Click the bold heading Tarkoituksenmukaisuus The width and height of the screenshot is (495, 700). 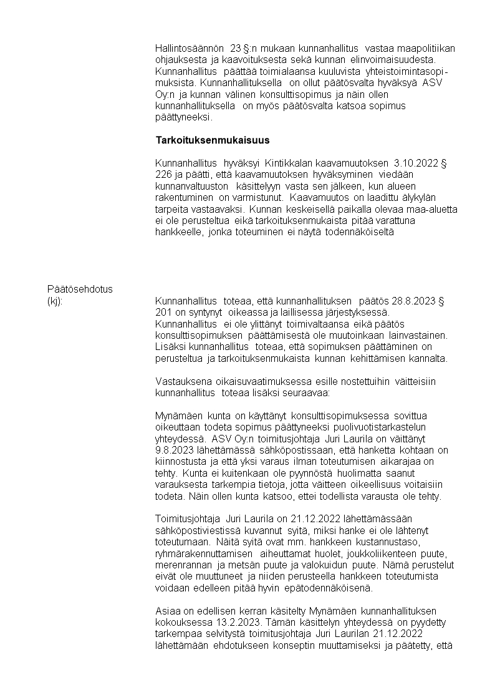point(212,140)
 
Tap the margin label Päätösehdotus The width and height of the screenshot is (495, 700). point(80,289)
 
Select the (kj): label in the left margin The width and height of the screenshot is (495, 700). point(56,301)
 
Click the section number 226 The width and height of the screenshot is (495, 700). point(163,175)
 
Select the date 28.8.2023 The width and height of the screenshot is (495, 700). point(415,301)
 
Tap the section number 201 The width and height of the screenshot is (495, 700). point(163,313)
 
